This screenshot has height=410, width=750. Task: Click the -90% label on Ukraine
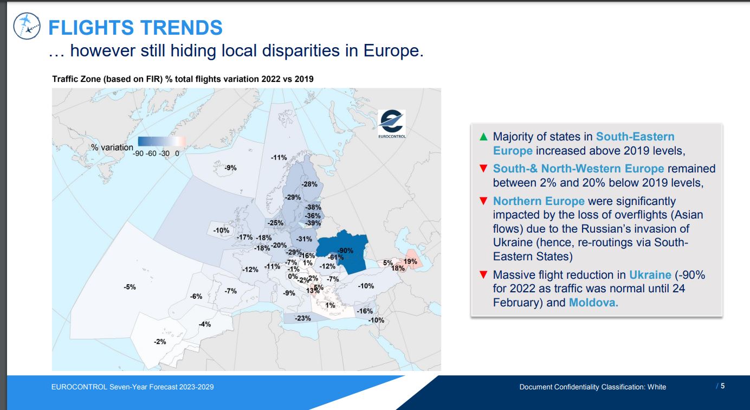pos(345,251)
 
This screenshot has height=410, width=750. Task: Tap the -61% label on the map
pos(335,257)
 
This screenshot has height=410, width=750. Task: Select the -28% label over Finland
pos(309,184)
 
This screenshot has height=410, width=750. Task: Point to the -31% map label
pos(303,239)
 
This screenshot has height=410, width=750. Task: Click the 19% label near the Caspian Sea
pos(410,261)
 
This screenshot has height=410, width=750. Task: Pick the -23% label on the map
pos(303,318)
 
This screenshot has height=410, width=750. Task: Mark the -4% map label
pos(205,324)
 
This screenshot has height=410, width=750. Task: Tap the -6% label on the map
pos(196,297)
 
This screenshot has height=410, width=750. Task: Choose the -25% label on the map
pos(275,223)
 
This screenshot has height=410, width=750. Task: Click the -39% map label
pos(313,223)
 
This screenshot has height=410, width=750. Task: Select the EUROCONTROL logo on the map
pos(392,124)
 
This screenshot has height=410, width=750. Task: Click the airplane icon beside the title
pos(27,26)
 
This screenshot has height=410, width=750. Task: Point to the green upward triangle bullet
pos(483,137)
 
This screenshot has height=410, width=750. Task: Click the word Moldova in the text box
pos(593,303)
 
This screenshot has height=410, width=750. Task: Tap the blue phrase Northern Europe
pos(539,201)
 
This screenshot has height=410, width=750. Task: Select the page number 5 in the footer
pos(722,386)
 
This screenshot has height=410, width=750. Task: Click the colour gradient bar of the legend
pos(161,142)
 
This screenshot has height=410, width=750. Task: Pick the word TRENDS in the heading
pos(181,28)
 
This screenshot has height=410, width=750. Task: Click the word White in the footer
pos(657,387)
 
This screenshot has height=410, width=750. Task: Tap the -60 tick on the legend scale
pos(151,153)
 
